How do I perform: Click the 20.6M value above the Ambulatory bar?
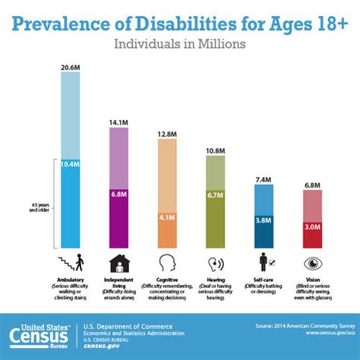[70, 68]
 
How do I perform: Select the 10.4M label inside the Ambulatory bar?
[70, 164]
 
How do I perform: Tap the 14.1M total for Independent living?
[119, 121]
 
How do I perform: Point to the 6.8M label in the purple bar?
[119, 194]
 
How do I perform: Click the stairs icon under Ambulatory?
[70, 263]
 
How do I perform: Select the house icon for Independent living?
[119, 263]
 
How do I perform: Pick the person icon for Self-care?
[264, 263]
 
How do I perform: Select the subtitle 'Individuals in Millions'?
[179, 44]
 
